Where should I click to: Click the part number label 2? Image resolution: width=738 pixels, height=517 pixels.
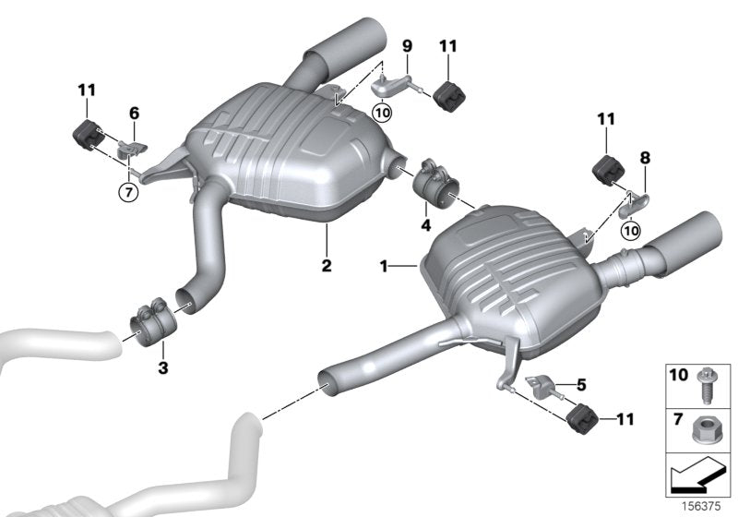click(x=326, y=265)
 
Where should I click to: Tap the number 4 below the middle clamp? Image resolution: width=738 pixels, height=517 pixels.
click(x=426, y=224)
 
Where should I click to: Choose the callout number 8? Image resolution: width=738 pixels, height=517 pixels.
click(x=645, y=159)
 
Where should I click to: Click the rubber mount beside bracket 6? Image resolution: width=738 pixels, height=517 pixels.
click(x=86, y=133)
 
